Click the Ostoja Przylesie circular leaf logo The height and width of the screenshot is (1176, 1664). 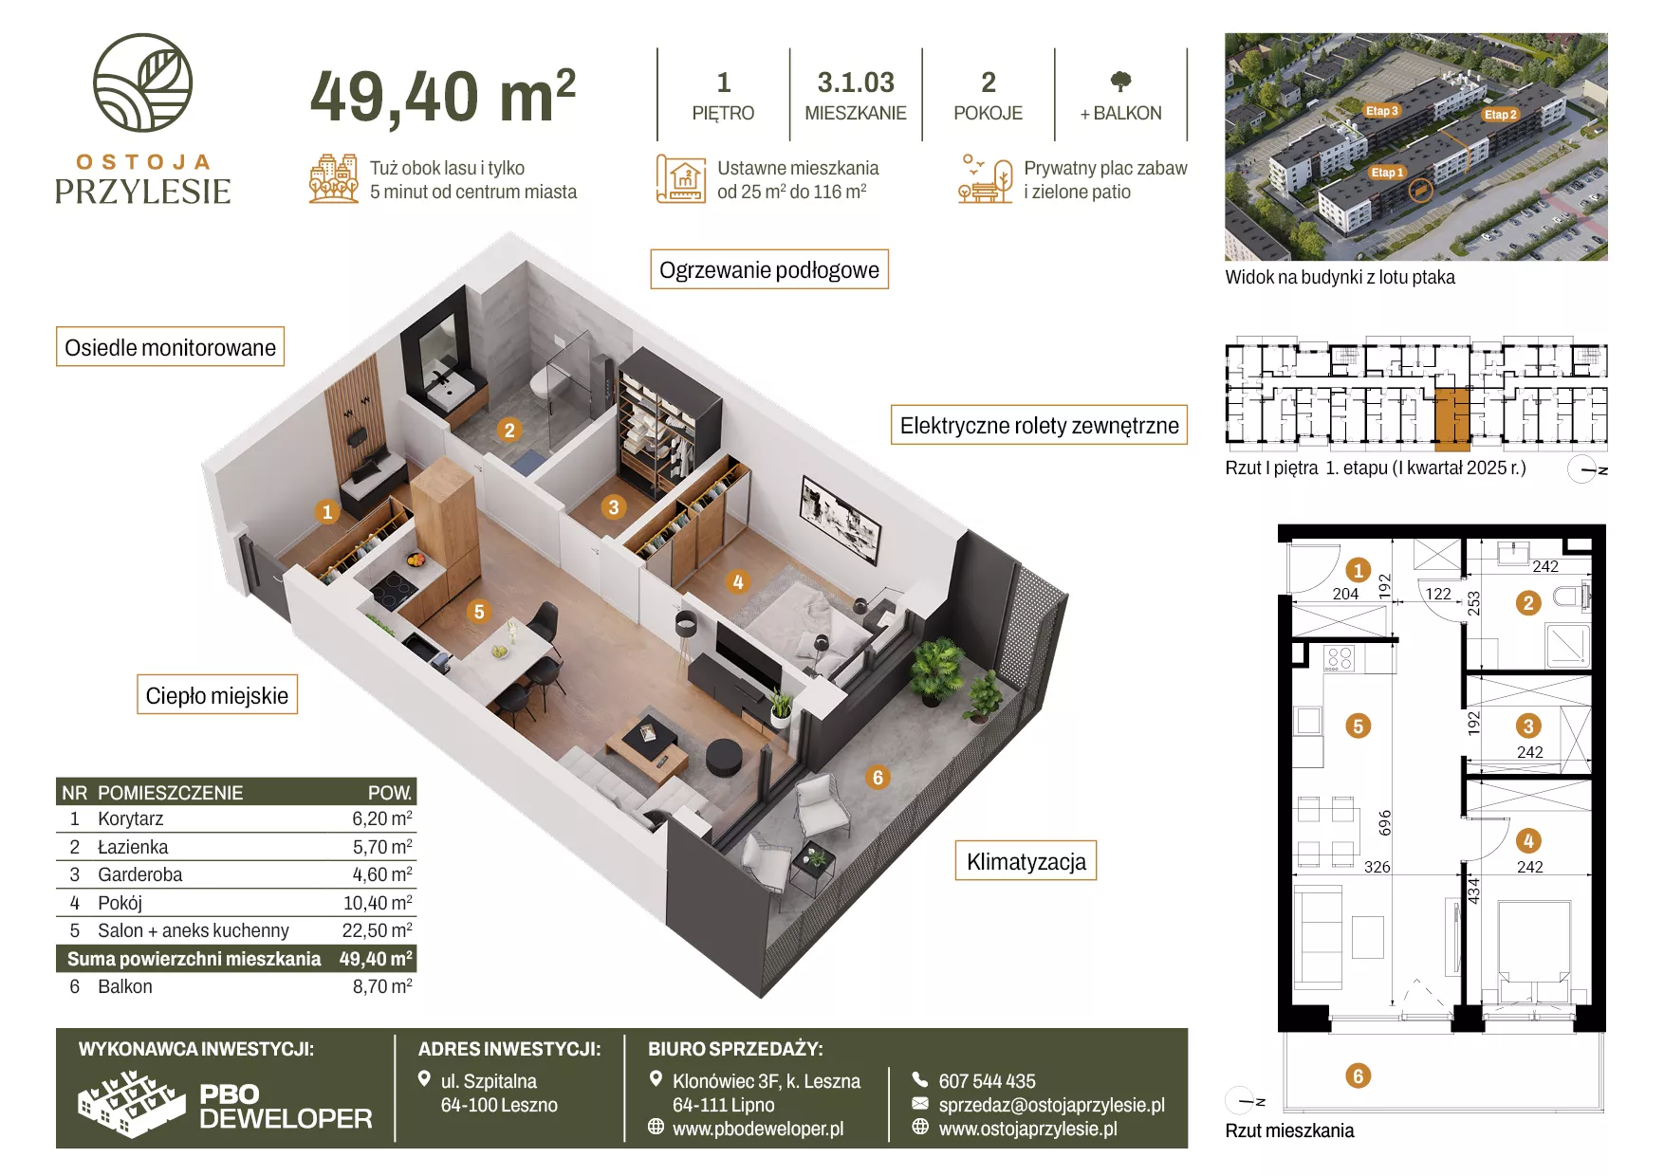tap(142, 83)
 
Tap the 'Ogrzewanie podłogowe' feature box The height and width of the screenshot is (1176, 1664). tap(769, 269)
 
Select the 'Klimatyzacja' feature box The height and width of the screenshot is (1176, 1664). tap(1026, 861)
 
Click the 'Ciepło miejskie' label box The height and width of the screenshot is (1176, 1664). tap(217, 695)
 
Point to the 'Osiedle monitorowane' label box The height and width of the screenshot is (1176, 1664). tap(171, 347)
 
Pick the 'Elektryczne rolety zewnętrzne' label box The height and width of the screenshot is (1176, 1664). tap(1039, 425)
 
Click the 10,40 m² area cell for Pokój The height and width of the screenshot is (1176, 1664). tap(378, 903)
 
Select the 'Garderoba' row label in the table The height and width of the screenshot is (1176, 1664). tap(140, 874)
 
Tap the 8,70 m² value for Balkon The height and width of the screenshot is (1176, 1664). tap(382, 986)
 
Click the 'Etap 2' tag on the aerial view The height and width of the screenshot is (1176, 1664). tap(1501, 115)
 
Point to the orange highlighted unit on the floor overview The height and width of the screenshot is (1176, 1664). tap(1451, 418)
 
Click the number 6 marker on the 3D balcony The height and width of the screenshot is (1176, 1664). tap(878, 778)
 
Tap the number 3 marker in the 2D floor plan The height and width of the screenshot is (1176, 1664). tap(1528, 726)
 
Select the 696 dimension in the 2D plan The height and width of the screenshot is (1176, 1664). tap(1385, 822)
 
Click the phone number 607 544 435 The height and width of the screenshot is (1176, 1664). tap(987, 1081)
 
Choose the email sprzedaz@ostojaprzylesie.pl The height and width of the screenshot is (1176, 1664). tap(1051, 1105)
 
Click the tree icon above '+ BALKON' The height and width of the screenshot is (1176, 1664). tap(1120, 82)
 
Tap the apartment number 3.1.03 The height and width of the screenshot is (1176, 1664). tap(856, 83)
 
